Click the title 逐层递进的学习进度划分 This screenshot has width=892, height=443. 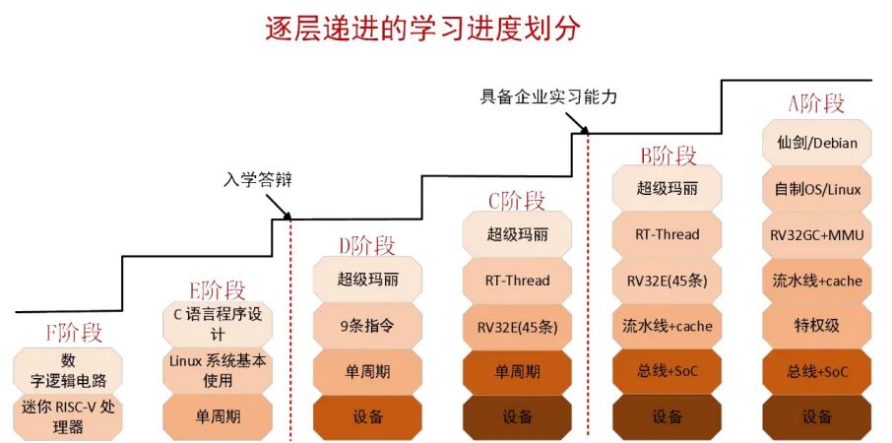pos(422,28)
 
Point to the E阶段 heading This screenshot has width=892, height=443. pos(218,289)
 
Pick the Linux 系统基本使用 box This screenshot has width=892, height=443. pos(218,370)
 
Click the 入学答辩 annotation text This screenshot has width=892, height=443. pos(258,180)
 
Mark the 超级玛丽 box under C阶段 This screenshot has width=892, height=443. pos(518,234)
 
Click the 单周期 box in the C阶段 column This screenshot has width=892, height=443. pos(518,371)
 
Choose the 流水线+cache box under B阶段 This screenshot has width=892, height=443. pos(667,325)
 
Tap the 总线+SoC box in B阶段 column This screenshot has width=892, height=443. pos(667,371)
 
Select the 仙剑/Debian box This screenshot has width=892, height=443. pos(816,143)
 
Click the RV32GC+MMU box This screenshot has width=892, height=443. pos(816,234)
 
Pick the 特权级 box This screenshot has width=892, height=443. pos(816,325)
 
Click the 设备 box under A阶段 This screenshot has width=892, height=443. pos(816,416)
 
